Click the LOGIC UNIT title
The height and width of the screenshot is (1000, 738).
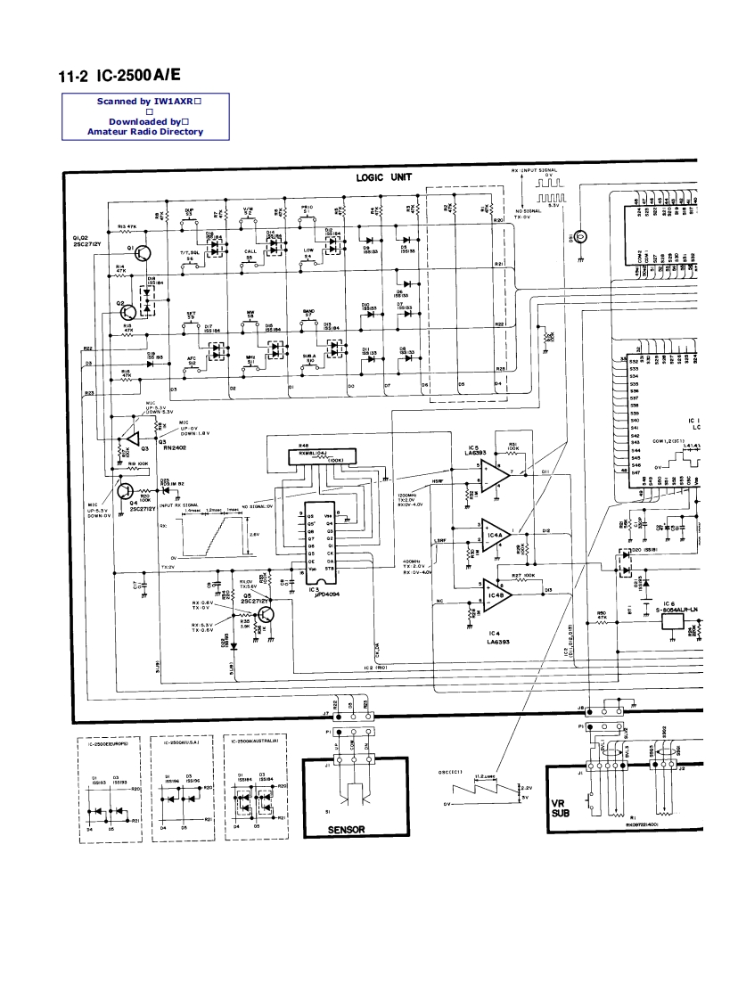tap(384, 177)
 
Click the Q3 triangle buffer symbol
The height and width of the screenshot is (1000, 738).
tap(132, 440)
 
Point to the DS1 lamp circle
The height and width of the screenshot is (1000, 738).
tap(580, 237)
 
